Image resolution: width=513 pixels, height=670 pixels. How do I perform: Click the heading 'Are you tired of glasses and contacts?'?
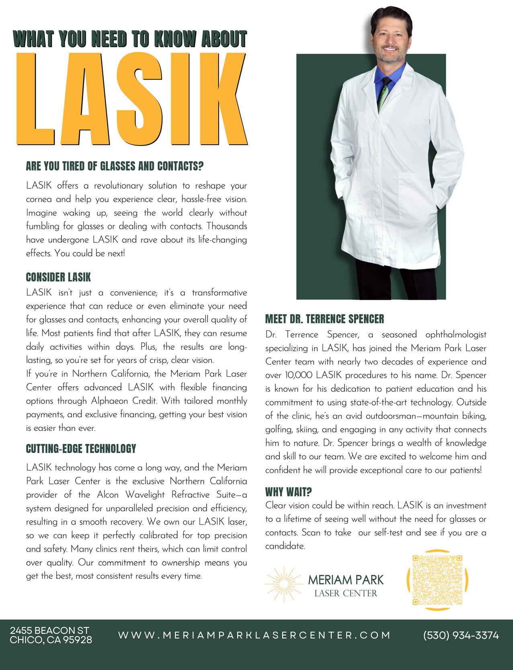point(115,166)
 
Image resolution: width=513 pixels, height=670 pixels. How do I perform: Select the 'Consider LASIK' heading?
point(58,277)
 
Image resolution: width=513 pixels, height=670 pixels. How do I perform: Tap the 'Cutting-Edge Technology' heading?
point(81,449)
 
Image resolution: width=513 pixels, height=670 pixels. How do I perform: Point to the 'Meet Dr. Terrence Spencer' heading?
point(324,320)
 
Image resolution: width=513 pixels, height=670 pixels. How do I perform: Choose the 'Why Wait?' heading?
point(289,492)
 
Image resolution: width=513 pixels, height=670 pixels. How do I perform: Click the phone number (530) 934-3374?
point(461,635)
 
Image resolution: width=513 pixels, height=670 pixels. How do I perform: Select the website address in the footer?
point(254,635)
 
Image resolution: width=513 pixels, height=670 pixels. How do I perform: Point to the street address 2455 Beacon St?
point(49,630)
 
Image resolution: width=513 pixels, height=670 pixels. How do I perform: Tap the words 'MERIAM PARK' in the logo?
point(346,580)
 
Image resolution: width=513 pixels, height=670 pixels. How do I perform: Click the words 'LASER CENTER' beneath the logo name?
point(346,593)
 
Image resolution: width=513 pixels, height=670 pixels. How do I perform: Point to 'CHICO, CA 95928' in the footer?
point(51,640)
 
